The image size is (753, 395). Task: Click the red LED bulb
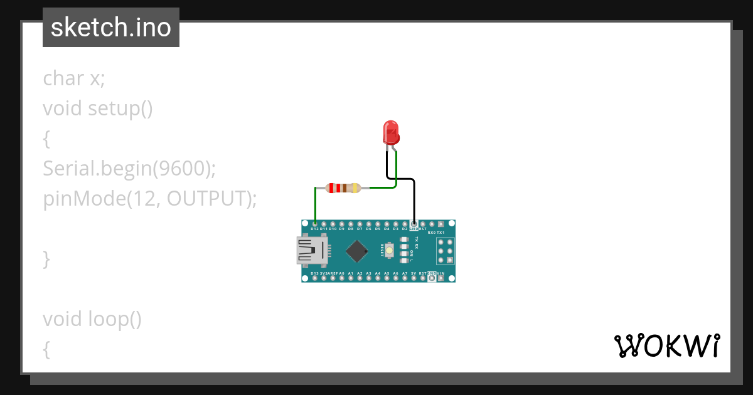(x=390, y=133)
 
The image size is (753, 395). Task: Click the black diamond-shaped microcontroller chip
(x=357, y=251)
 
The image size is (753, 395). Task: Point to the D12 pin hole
(x=314, y=224)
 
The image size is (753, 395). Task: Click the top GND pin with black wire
(x=414, y=224)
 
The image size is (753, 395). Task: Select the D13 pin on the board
(x=314, y=278)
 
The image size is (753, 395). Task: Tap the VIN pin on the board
(x=441, y=278)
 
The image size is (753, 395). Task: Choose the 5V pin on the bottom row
(x=414, y=278)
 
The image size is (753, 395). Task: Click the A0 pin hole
(x=341, y=278)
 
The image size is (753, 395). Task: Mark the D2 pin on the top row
(x=405, y=224)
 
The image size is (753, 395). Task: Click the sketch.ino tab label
(x=111, y=28)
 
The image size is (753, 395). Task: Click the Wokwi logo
(x=666, y=345)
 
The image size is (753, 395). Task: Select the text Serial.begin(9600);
(x=129, y=168)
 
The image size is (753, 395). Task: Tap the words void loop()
(x=92, y=319)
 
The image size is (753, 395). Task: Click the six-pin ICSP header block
(x=445, y=251)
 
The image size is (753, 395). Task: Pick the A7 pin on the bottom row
(x=405, y=278)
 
